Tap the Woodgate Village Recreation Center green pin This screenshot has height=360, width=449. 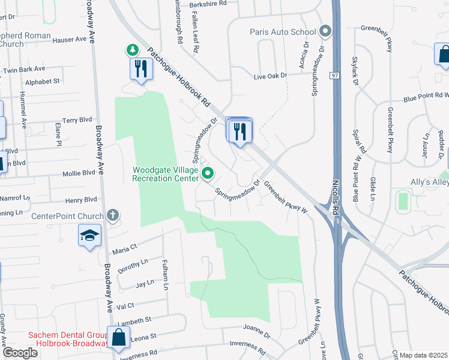208,174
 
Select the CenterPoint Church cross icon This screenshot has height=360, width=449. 112,215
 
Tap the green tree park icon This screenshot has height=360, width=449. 131,49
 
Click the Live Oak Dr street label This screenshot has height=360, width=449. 270,76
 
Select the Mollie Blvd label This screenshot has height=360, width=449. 79,172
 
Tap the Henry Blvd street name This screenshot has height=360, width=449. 81,199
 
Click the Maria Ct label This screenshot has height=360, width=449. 125,247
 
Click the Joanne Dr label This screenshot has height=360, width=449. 259,328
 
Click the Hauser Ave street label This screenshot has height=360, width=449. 70,40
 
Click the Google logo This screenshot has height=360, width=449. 20,353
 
